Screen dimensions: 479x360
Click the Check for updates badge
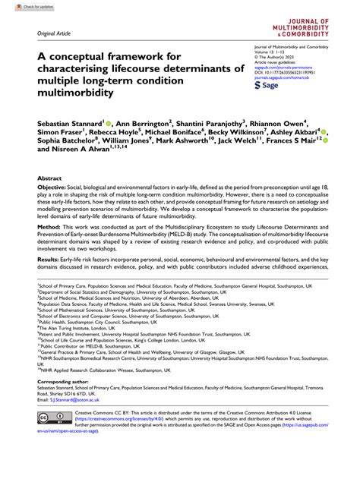[x=21, y=6]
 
